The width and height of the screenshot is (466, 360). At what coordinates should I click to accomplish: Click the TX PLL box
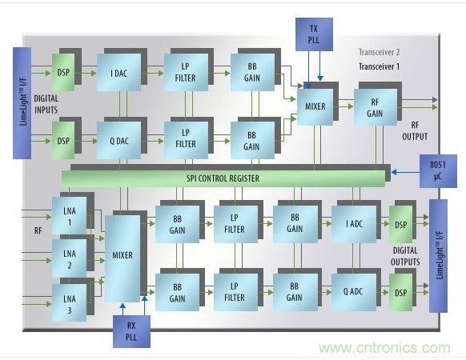[x=314, y=34]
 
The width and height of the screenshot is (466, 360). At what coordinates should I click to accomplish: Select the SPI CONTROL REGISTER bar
[x=223, y=178]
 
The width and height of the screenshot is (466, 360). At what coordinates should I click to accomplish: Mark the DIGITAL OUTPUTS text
[x=405, y=256]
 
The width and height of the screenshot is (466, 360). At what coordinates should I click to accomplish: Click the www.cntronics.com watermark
[x=384, y=348]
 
